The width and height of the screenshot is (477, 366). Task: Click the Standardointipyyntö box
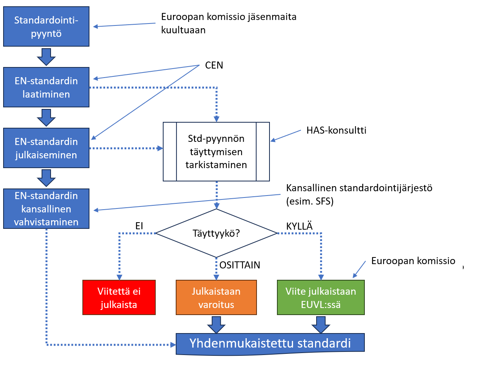click(46, 26)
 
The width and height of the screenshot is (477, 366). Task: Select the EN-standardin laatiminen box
click(46, 87)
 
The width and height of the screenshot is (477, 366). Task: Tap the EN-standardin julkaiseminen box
click(46, 148)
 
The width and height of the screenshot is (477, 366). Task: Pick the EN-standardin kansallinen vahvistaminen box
click(46, 208)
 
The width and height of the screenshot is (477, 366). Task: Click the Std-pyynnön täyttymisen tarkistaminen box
click(216, 152)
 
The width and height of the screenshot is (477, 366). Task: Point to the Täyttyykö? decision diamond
click(216, 233)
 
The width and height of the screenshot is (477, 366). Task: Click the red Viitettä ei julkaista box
click(119, 297)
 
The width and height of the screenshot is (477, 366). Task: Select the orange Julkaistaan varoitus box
click(216, 297)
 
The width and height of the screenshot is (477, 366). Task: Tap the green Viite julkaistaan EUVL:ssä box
click(321, 297)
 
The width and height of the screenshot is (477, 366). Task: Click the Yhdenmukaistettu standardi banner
click(270, 343)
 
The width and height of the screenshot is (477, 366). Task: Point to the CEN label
click(214, 65)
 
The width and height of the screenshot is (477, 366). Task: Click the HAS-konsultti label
click(336, 130)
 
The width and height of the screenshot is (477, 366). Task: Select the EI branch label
click(139, 226)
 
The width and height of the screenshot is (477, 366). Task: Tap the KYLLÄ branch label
click(299, 226)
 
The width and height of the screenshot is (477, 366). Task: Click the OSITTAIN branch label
click(240, 265)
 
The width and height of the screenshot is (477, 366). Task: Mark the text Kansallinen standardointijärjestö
click(359, 188)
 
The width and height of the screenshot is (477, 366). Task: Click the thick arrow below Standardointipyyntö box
click(46, 57)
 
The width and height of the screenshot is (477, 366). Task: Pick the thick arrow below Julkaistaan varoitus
click(216, 325)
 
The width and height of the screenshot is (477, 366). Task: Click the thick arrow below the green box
click(321, 325)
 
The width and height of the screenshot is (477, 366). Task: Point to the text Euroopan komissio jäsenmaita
click(229, 17)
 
